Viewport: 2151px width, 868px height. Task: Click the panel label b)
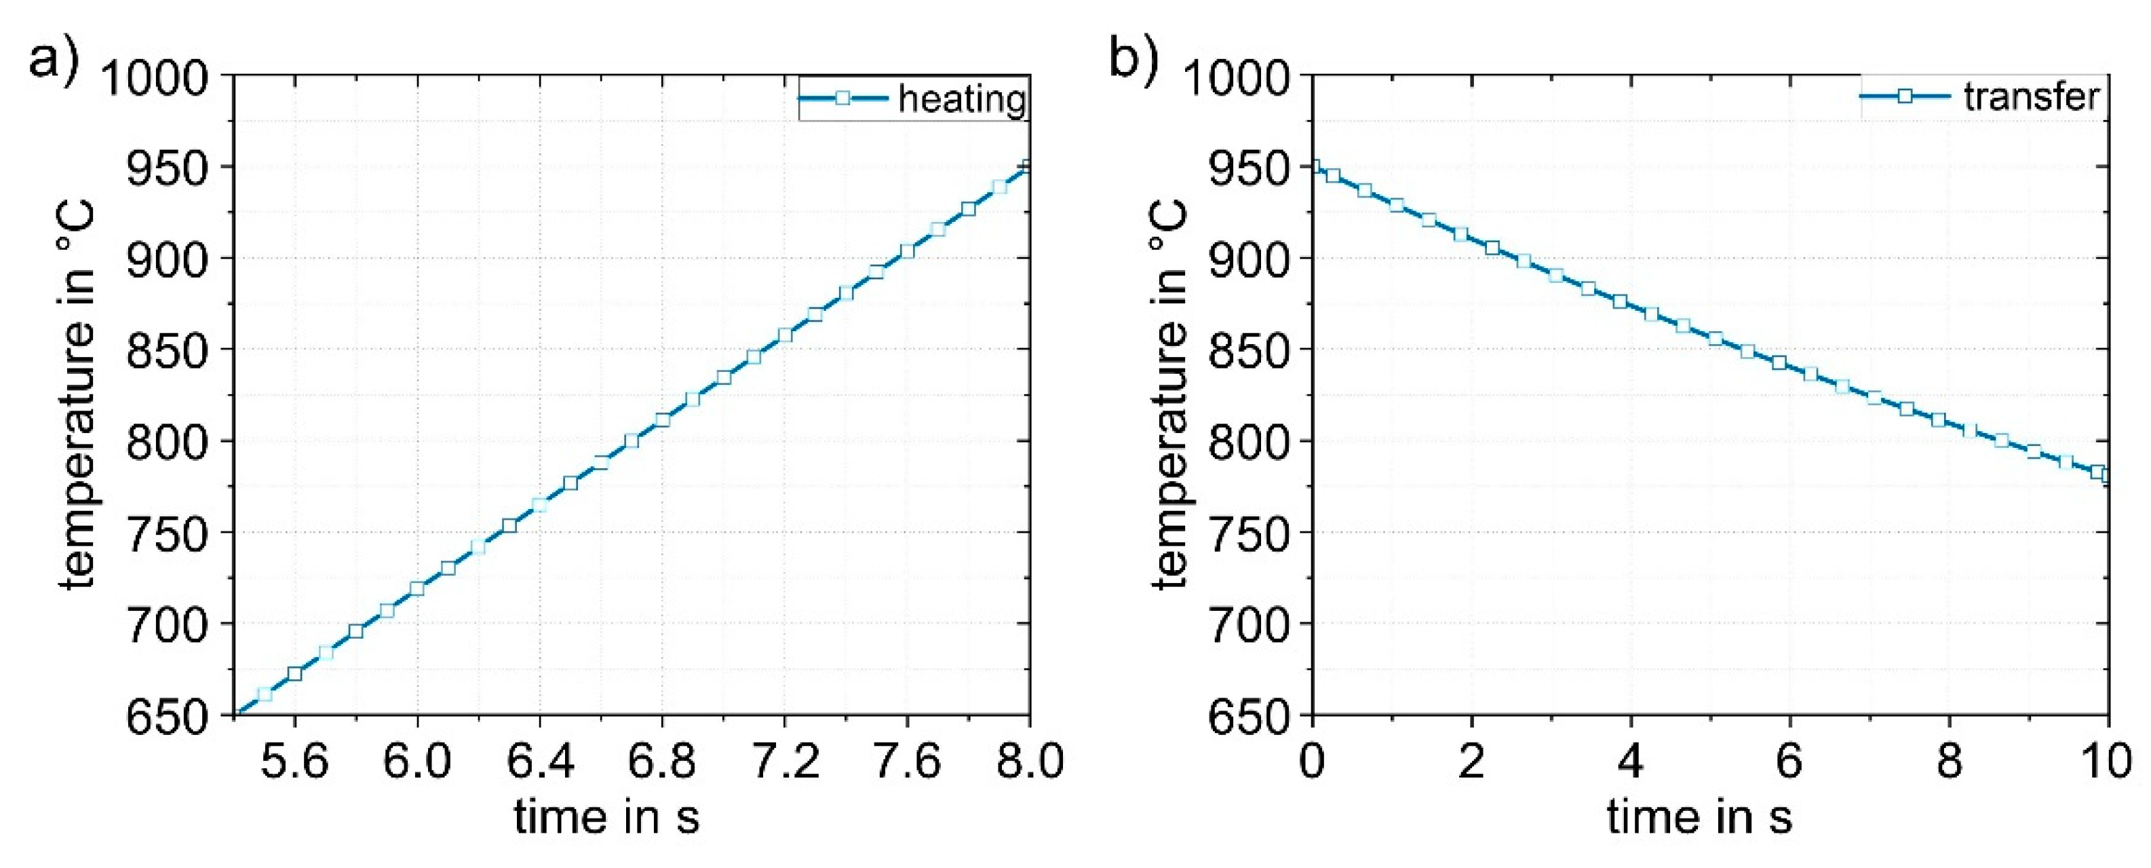pyautogui.click(x=1134, y=60)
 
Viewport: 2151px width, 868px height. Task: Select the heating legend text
pyautogui.click(x=961, y=98)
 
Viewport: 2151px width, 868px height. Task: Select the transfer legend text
pyautogui.click(x=2031, y=97)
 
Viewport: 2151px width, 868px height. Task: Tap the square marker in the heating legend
pyautogui.click(x=842, y=98)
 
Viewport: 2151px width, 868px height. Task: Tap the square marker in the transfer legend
pyautogui.click(x=1905, y=97)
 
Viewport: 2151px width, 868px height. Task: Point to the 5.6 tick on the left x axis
pyautogui.click(x=294, y=761)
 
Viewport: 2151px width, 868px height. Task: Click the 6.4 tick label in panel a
pyautogui.click(x=539, y=761)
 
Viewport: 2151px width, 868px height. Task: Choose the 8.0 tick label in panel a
pyautogui.click(x=1029, y=761)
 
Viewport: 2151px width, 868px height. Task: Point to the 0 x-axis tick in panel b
pyautogui.click(x=1312, y=761)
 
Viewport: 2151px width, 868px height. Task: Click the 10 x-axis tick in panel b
pyautogui.click(x=2107, y=761)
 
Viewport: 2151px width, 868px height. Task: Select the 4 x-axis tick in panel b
pyautogui.click(x=1630, y=761)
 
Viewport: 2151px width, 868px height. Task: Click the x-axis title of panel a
pyautogui.click(x=606, y=817)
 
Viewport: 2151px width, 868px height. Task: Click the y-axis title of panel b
pyautogui.click(x=1169, y=394)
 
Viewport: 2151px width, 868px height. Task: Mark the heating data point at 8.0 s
pyautogui.click(x=1028, y=167)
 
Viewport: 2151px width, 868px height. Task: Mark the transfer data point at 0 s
pyautogui.click(x=1313, y=167)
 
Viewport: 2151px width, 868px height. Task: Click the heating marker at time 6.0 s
pyautogui.click(x=416, y=589)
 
